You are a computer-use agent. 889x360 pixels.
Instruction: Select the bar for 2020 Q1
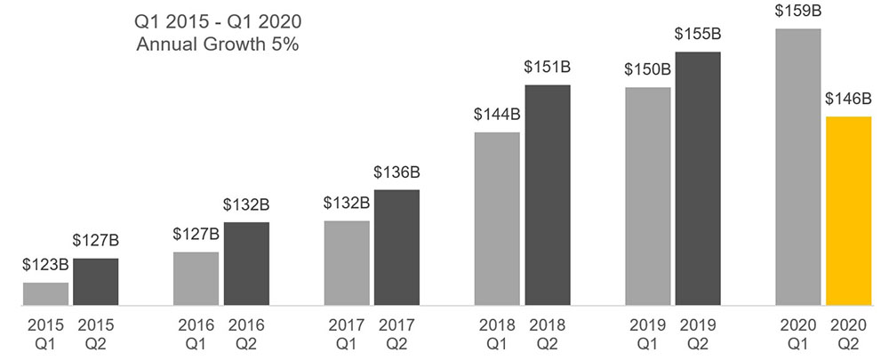coord(798,168)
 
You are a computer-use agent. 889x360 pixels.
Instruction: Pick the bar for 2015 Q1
coord(45,294)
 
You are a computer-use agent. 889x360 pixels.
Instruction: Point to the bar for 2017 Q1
coord(347,263)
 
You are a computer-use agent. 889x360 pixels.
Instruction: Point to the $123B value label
coord(45,265)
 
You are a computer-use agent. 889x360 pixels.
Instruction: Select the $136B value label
coord(396,172)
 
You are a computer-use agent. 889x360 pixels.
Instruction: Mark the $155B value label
coord(698,34)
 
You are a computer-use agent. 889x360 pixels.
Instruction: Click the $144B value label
coord(497,115)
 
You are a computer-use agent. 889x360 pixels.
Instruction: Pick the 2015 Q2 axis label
coord(95,333)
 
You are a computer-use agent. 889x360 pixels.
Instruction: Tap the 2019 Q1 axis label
coord(648,333)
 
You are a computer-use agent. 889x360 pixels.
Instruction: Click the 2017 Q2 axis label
coord(396,333)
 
